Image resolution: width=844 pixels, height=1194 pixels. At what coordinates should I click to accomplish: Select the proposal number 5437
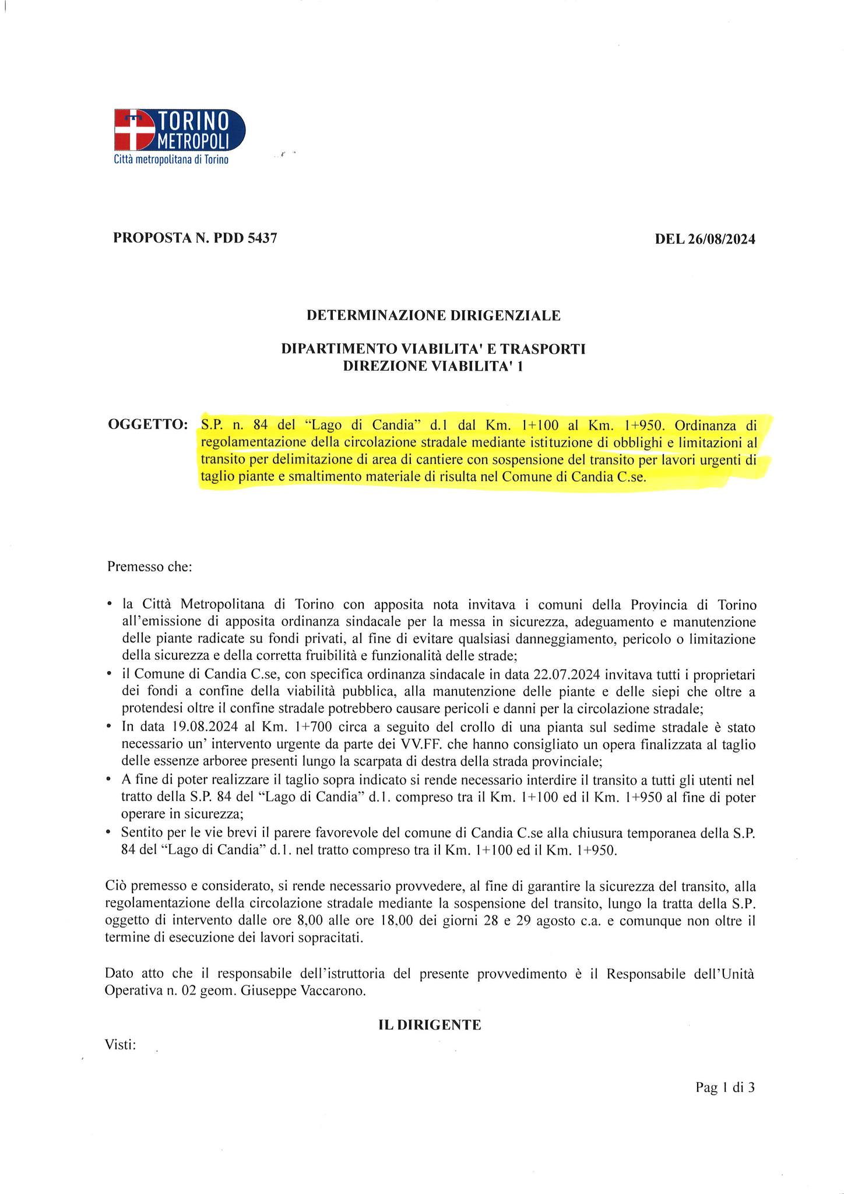tap(262, 238)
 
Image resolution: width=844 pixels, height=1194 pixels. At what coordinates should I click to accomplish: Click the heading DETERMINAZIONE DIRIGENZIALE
tap(433, 315)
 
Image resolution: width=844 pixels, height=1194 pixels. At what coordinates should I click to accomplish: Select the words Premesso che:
tap(149, 567)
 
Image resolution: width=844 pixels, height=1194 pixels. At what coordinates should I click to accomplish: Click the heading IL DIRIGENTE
tap(430, 1025)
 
